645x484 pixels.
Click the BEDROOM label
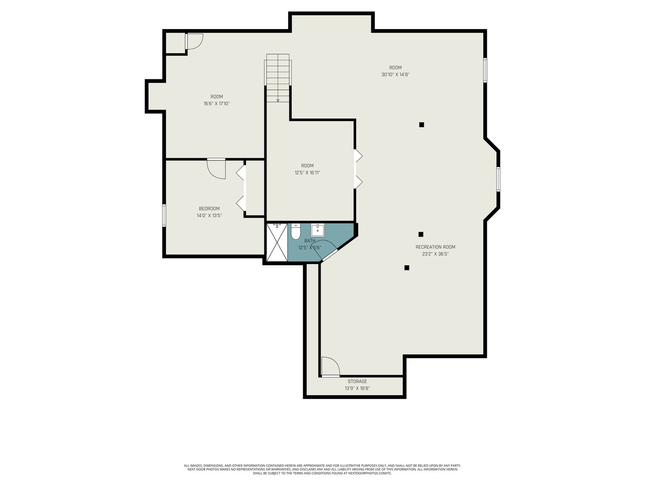209,209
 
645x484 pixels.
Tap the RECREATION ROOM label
435,247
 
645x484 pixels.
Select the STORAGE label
357,381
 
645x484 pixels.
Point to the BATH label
310,241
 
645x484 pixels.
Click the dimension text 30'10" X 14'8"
395,75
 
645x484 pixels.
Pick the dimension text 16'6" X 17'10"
216,104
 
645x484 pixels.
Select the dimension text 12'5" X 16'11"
307,173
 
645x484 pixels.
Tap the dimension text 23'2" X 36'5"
435,254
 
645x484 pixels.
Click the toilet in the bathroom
295,232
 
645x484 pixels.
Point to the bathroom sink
318,230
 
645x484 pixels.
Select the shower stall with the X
277,242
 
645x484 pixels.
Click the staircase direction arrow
278,100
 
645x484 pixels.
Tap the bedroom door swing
216,169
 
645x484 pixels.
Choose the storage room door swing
331,367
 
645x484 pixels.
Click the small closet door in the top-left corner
194,41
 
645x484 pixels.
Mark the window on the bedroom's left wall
164,216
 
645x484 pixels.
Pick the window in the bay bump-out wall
499,179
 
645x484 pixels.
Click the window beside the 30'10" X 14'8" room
485,70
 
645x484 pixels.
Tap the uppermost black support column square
421,125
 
